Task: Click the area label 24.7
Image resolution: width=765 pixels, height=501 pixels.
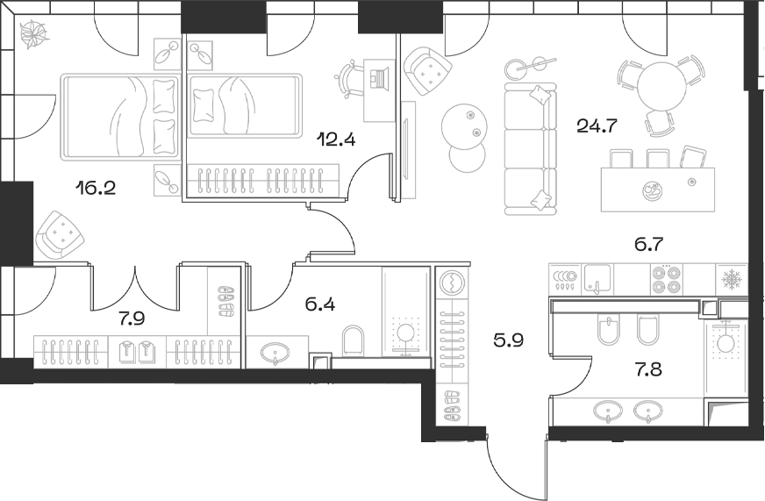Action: [x=597, y=125]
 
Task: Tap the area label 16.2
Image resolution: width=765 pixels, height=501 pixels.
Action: [x=97, y=186]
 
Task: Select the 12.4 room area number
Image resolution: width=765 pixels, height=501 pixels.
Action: [x=337, y=138]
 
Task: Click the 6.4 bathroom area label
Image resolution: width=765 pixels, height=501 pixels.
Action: [x=320, y=305]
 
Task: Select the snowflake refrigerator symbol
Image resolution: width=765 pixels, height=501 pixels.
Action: [x=731, y=280]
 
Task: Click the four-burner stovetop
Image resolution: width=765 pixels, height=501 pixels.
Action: [x=665, y=280]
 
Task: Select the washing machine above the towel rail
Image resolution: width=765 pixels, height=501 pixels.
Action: [x=454, y=283]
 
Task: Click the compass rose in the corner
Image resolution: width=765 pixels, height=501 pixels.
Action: [x=35, y=35]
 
